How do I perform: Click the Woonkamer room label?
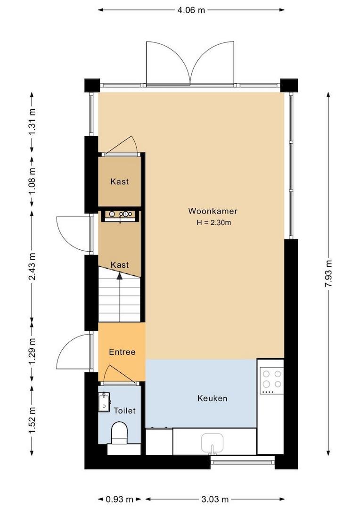[213, 211]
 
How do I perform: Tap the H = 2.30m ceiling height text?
[213, 223]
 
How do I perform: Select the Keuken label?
[212, 399]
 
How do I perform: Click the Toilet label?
[124, 410]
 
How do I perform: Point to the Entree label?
[122, 352]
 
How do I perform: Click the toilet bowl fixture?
[119, 433]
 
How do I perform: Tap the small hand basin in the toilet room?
[104, 402]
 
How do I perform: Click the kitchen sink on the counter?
[212, 443]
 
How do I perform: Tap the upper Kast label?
[120, 181]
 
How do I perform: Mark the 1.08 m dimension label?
[32, 181]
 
